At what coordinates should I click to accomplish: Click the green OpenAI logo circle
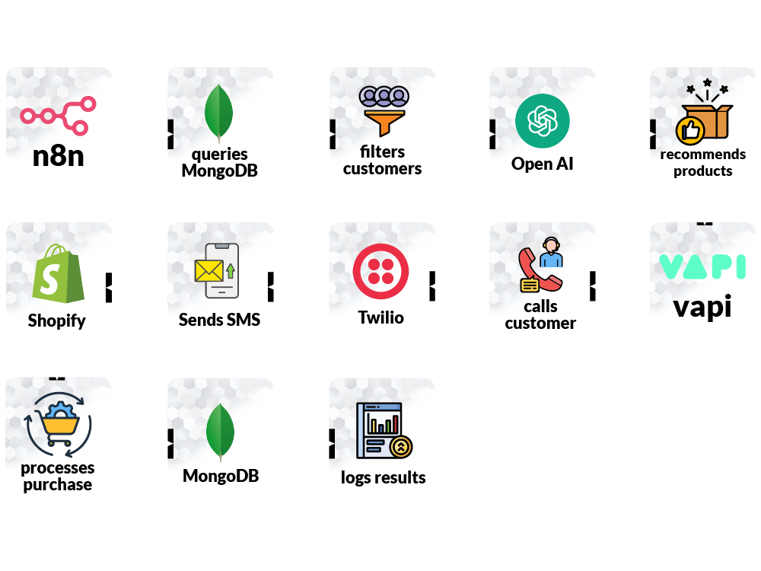point(543,120)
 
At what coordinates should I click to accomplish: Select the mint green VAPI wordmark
point(702,267)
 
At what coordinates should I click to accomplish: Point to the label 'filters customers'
point(382,161)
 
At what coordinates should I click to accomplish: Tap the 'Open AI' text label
point(543,164)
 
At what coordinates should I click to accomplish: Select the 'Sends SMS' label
point(219,320)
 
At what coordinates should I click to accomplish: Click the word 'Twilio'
point(381,317)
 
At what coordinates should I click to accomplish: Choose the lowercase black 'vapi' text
point(702,306)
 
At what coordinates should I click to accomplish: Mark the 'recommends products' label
point(702,163)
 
